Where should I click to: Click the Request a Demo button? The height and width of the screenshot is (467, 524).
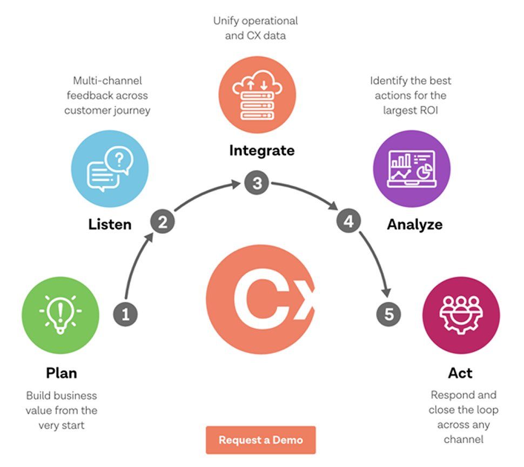pyautogui.click(x=260, y=440)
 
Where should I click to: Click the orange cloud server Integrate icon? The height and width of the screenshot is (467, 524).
pyautogui.click(x=257, y=96)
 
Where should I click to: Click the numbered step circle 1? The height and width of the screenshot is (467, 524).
pyautogui.click(x=125, y=315)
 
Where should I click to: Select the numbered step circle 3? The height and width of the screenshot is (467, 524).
pyautogui.click(x=257, y=184)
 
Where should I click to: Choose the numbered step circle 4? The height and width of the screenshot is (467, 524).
pyautogui.click(x=349, y=221)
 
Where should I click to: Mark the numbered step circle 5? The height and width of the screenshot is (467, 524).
pyautogui.click(x=389, y=314)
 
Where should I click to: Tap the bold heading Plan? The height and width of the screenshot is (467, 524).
pyautogui.click(x=61, y=373)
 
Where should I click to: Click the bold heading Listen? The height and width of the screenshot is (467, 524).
pyautogui.click(x=110, y=224)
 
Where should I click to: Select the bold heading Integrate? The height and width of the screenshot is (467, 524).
pyautogui.click(x=262, y=150)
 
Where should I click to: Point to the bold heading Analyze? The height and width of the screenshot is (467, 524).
pyautogui.click(x=414, y=224)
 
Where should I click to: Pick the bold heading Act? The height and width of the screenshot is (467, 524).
pyautogui.click(x=460, y=373)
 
